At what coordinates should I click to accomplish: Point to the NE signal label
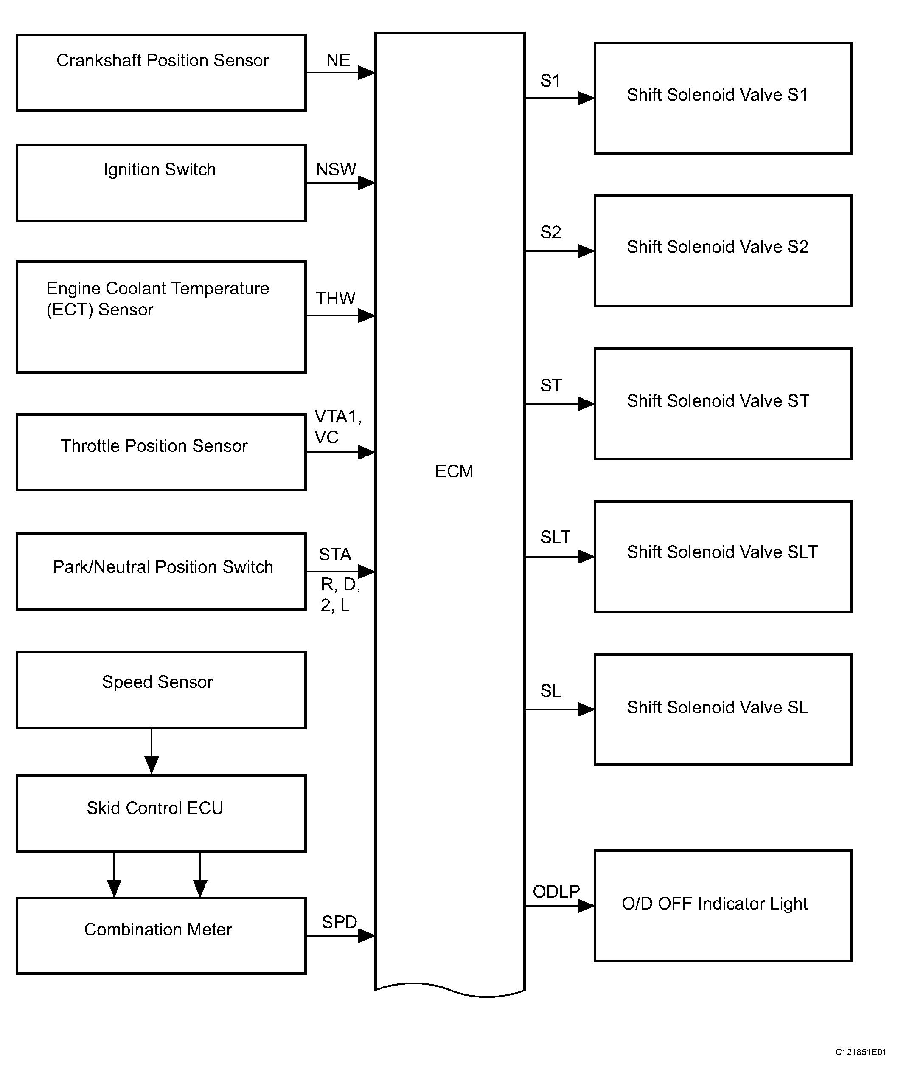(x=338, y=60)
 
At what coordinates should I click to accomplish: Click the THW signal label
(x=336, y=298)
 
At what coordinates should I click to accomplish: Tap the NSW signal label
(x=336, y=169)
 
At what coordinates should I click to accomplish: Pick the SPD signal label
(x=339, y=922)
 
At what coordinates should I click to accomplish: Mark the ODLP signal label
(x=556, y=891)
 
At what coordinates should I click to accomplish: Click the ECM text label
(x=454, y=471)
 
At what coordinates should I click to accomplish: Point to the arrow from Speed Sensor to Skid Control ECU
(x=152, y=751)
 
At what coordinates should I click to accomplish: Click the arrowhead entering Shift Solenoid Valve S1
(x=586, y=98)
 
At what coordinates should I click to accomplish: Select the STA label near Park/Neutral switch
(x=335, y=555)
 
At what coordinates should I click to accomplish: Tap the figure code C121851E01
(x=861, y=1052)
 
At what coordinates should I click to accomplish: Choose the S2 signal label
(x=550, y=232)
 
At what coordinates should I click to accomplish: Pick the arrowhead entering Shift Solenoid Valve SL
(x=586, y=709)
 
